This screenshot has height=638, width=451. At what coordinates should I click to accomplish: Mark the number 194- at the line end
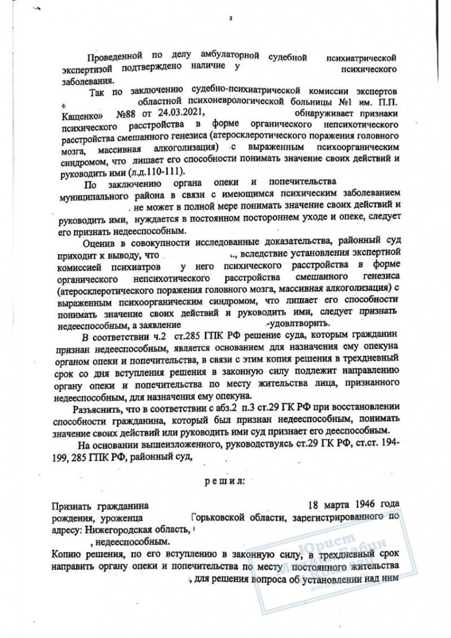pos(388,445)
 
